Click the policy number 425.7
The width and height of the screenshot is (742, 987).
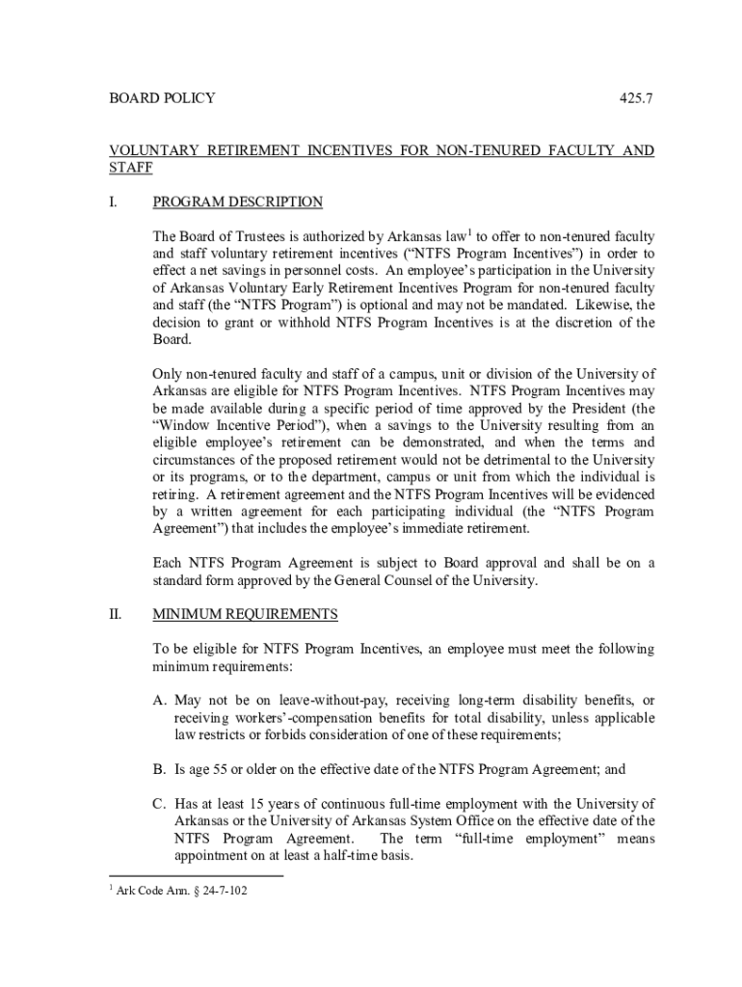[x=637, y=98]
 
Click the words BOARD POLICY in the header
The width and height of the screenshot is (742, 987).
[x=161, y=98]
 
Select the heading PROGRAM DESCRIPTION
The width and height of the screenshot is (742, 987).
[x=238, y=202]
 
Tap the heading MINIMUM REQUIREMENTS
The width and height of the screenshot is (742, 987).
[x=246, y=614]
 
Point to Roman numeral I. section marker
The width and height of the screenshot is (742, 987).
[x=113, y=202]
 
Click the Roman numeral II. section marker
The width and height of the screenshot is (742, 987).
[x=115, y=614]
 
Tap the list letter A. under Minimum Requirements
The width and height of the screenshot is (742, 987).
[x=161, y=700]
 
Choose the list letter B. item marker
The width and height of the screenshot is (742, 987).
[x=161, y=769]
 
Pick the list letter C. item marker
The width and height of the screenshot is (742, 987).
[x=161, y=804]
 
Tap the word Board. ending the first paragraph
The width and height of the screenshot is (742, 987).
[x=172, y=340]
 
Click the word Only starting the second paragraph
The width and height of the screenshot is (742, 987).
[x=169, y=374]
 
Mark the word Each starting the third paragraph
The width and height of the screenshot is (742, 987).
[x=169, y=563]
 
